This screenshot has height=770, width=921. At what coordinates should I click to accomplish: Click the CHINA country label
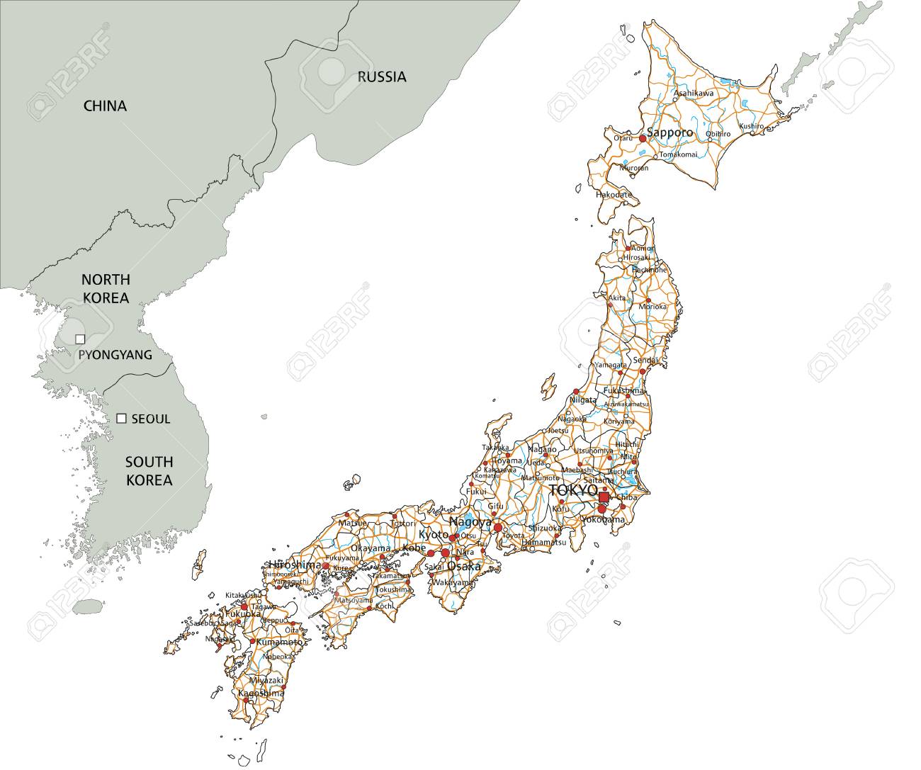coord(105,106)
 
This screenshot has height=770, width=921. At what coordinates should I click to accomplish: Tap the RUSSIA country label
coord(381,77)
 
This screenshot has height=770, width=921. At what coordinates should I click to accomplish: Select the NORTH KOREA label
coord(105,289)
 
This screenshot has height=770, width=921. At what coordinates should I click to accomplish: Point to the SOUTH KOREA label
coord(149,471)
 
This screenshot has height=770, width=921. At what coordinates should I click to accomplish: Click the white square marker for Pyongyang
coord(80,339)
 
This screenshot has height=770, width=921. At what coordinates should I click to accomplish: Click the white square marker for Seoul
coord(121,419)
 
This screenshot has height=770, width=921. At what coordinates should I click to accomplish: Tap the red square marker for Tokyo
coord(604,497)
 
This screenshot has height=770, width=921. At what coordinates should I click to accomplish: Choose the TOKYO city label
coord(574,491)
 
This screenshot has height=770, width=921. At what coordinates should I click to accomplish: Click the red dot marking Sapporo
coord(643,139)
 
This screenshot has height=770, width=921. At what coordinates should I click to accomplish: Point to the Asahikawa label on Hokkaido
coord(694,93)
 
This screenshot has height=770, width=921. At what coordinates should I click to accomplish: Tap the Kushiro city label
coord(752,126)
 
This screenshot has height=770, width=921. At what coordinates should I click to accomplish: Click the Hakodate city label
coord(614,193)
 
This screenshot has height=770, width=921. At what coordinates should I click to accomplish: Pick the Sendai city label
coord(645,361)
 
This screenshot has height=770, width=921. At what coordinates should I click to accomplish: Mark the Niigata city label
coord(582,400)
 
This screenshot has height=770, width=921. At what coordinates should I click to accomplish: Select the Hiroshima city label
coord(295,565)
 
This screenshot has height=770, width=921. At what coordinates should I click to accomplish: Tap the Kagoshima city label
coord(261,693)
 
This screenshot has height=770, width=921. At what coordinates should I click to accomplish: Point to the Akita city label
coord(617,298)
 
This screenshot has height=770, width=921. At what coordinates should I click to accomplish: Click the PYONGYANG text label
coord(115,355)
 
